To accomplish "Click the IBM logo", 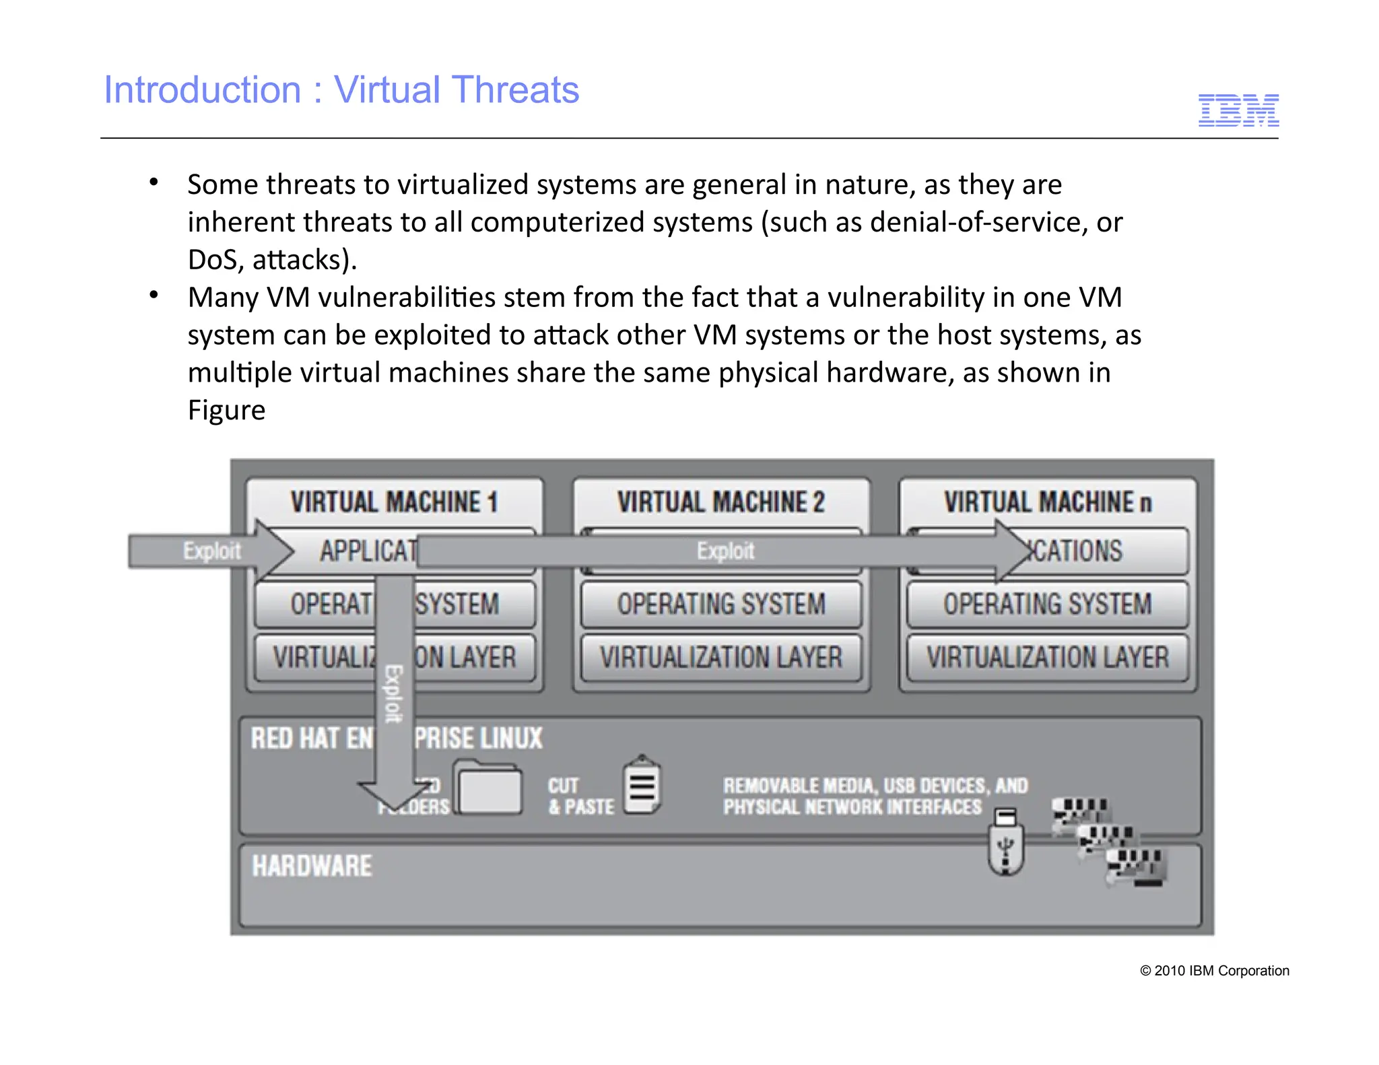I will point(1238,110).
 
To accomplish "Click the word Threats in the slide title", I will point(515,90).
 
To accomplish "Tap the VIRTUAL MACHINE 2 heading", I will point(720,502).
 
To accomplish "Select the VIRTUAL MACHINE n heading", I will point(1047,502).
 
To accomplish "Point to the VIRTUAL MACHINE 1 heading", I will point(394,502).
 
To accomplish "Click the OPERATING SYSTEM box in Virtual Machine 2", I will point(720,604).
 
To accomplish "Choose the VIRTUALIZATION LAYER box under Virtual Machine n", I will point(1047,657).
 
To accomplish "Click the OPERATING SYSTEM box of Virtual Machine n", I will point(1047,604).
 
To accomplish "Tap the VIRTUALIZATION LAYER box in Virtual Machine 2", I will point(720,657).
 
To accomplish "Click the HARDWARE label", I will point(312,866).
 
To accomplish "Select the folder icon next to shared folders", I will point(490,788).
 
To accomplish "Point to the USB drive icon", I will point(1006,842).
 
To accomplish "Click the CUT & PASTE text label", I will point(580,796).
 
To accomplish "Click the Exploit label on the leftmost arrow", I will point(211,551).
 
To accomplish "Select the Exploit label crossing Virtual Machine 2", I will point(725,551).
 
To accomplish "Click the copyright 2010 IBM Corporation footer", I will point(1214,970).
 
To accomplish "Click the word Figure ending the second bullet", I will point(226,410).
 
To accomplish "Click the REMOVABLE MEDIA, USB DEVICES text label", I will point(875,786).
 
